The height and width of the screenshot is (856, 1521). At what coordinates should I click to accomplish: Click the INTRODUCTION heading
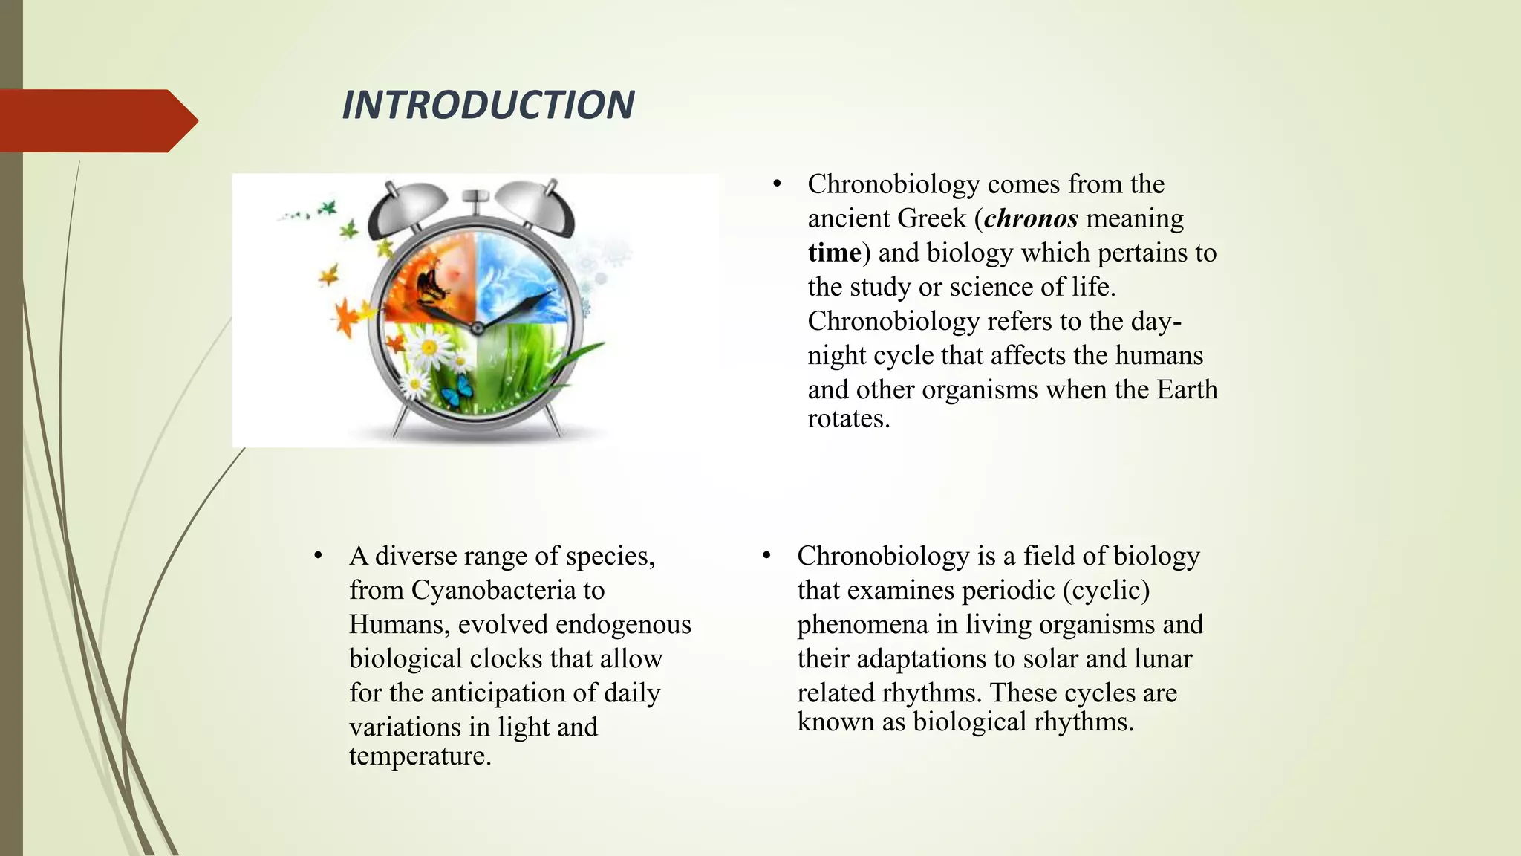pos(488,105)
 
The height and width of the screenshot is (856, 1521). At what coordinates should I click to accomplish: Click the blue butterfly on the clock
pos(456,388)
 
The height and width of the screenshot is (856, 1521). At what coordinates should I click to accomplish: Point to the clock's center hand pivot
pos(478,328)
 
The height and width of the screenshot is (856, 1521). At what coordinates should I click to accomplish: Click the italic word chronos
pos(1031,218)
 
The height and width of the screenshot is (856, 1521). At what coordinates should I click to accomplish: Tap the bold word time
pos(834,253)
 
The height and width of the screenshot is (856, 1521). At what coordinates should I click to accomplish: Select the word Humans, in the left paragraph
pos(400,624)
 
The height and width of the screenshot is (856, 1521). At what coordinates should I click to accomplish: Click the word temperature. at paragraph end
pos(420,756)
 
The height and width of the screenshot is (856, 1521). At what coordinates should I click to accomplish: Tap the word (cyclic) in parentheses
pos(1106,590)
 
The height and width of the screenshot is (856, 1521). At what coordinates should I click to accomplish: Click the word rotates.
pos(848,418)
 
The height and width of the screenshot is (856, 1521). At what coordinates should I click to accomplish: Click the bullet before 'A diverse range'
pos(318,556)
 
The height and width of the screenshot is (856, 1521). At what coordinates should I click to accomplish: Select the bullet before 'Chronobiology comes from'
pos(777,184)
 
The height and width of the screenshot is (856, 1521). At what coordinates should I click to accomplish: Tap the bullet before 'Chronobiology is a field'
pos(766,556)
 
